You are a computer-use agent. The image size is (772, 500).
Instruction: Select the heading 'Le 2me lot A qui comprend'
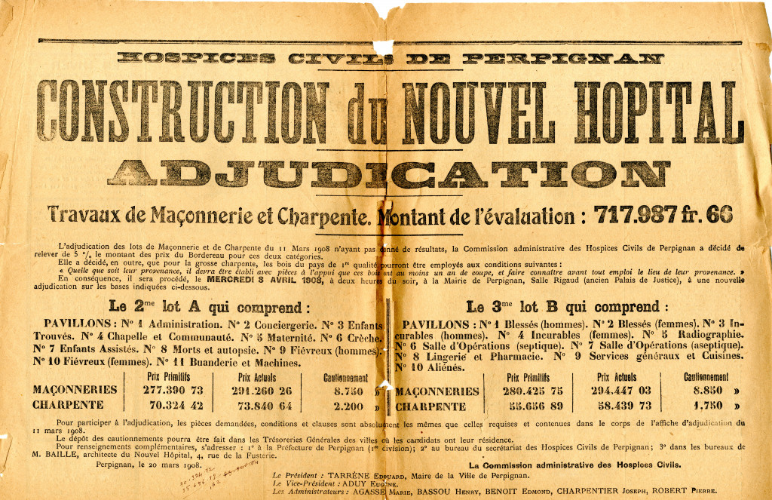[x=209, y=307]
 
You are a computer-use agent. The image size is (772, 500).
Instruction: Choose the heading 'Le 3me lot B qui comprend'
[x=566, y=307]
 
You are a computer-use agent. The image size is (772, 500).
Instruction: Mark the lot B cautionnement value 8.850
[x=705, y=391]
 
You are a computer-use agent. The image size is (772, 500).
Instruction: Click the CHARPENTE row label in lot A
[x=69, y=406]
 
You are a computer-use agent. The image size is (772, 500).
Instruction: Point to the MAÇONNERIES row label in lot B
[x=437, y=391]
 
